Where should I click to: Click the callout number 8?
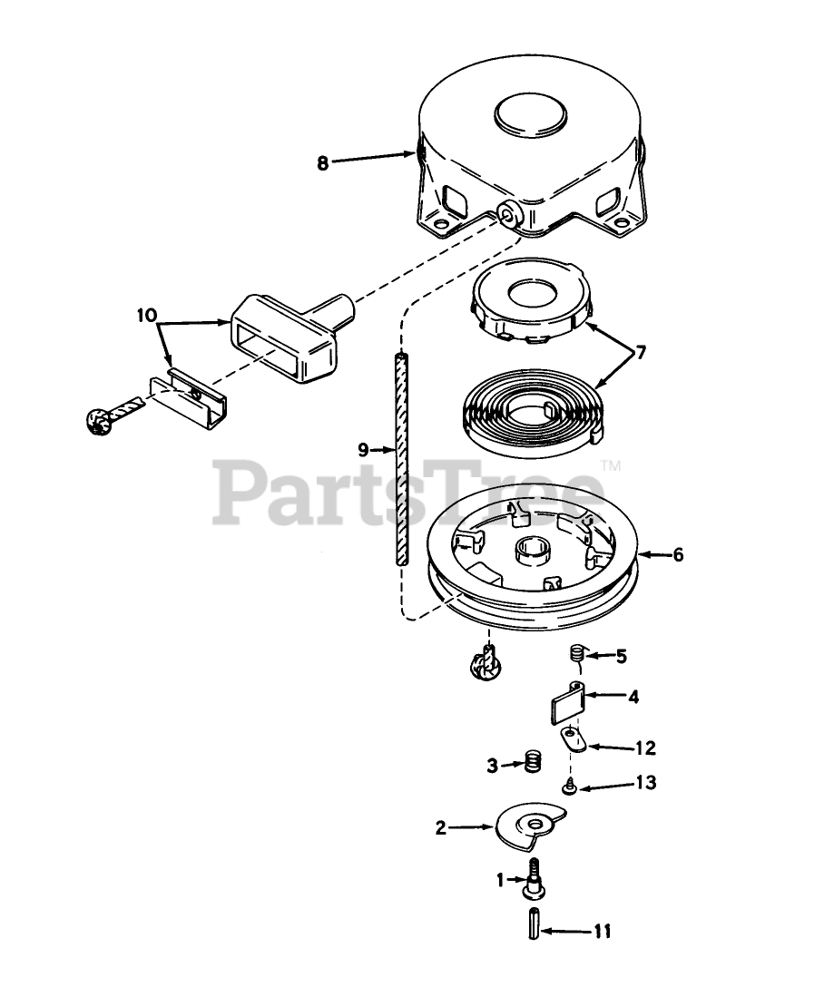(x=322, y=162)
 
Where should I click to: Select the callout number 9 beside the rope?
(x=363, y=449)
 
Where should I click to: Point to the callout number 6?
(x=677, y=555)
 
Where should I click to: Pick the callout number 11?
(x=602, y=932)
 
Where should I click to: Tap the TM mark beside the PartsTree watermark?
(x=611, y=467)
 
